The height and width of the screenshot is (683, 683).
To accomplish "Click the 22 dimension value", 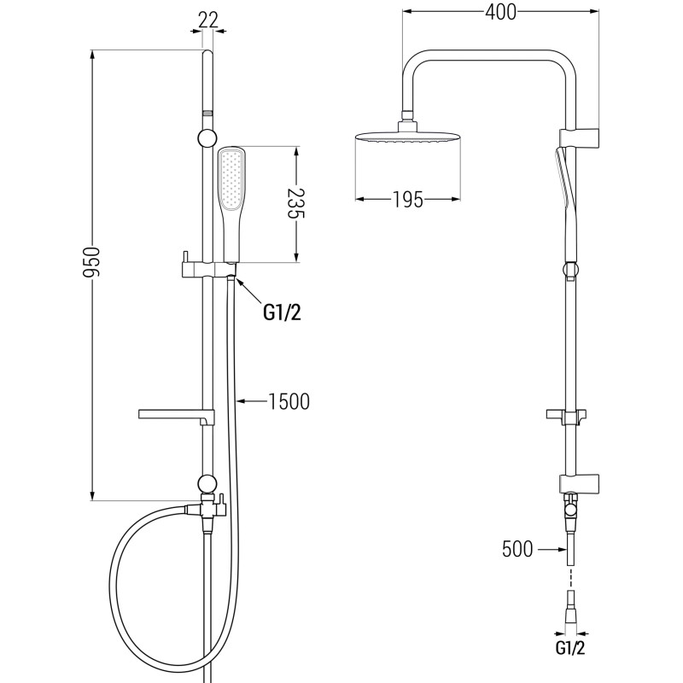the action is click(207, 20).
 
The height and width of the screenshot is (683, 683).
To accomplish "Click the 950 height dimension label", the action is click(91, 262).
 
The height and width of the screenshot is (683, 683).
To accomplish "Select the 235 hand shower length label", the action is click(295, 203).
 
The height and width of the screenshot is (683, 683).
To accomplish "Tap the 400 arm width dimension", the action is click(500, 12).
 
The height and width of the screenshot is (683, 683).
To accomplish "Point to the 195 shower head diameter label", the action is click(408, 200).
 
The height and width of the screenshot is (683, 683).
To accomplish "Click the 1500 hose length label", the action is click(289, 401).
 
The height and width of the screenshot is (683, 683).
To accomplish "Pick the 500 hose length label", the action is click(517, 549).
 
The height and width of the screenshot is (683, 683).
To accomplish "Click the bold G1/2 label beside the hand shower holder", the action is click(283, 312).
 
